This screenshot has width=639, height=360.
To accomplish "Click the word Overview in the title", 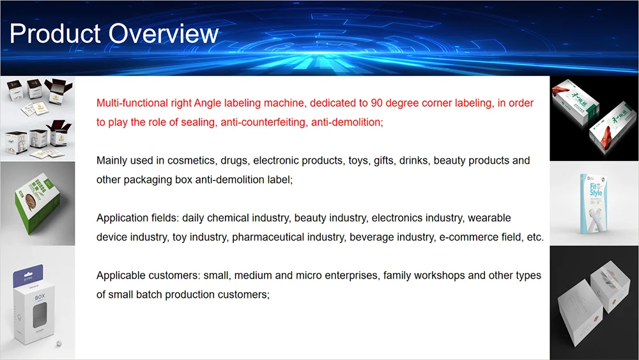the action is click(164, 33).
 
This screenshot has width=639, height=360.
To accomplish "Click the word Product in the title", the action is click(55, 33).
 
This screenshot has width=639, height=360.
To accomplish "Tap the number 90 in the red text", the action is click(376, 103).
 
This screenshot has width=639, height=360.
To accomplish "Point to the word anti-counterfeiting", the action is click(264, 122).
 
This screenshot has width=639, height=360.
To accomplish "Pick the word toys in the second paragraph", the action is click(358, 160).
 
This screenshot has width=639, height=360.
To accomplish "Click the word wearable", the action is click(489, 217).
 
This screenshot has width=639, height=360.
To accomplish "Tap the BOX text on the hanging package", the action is click(40, 297).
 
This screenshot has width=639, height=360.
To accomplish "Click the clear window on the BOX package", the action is click(39, 315).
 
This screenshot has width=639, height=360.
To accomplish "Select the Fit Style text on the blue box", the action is click(596, 189).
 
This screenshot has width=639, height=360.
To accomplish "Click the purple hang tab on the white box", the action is click(28, 275).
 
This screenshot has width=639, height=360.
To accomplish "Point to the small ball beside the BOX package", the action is click(59, 343).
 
